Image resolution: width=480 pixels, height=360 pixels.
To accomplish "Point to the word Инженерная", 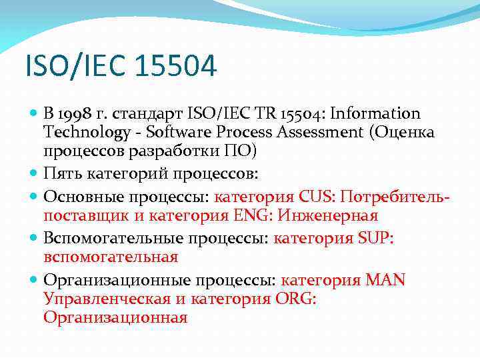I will (328, 215).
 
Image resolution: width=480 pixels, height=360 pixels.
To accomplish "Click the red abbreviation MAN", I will (385, 280).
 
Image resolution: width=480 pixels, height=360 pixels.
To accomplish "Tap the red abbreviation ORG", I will (295, 299).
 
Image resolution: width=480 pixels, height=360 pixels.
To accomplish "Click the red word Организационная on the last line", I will (115, 317).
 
